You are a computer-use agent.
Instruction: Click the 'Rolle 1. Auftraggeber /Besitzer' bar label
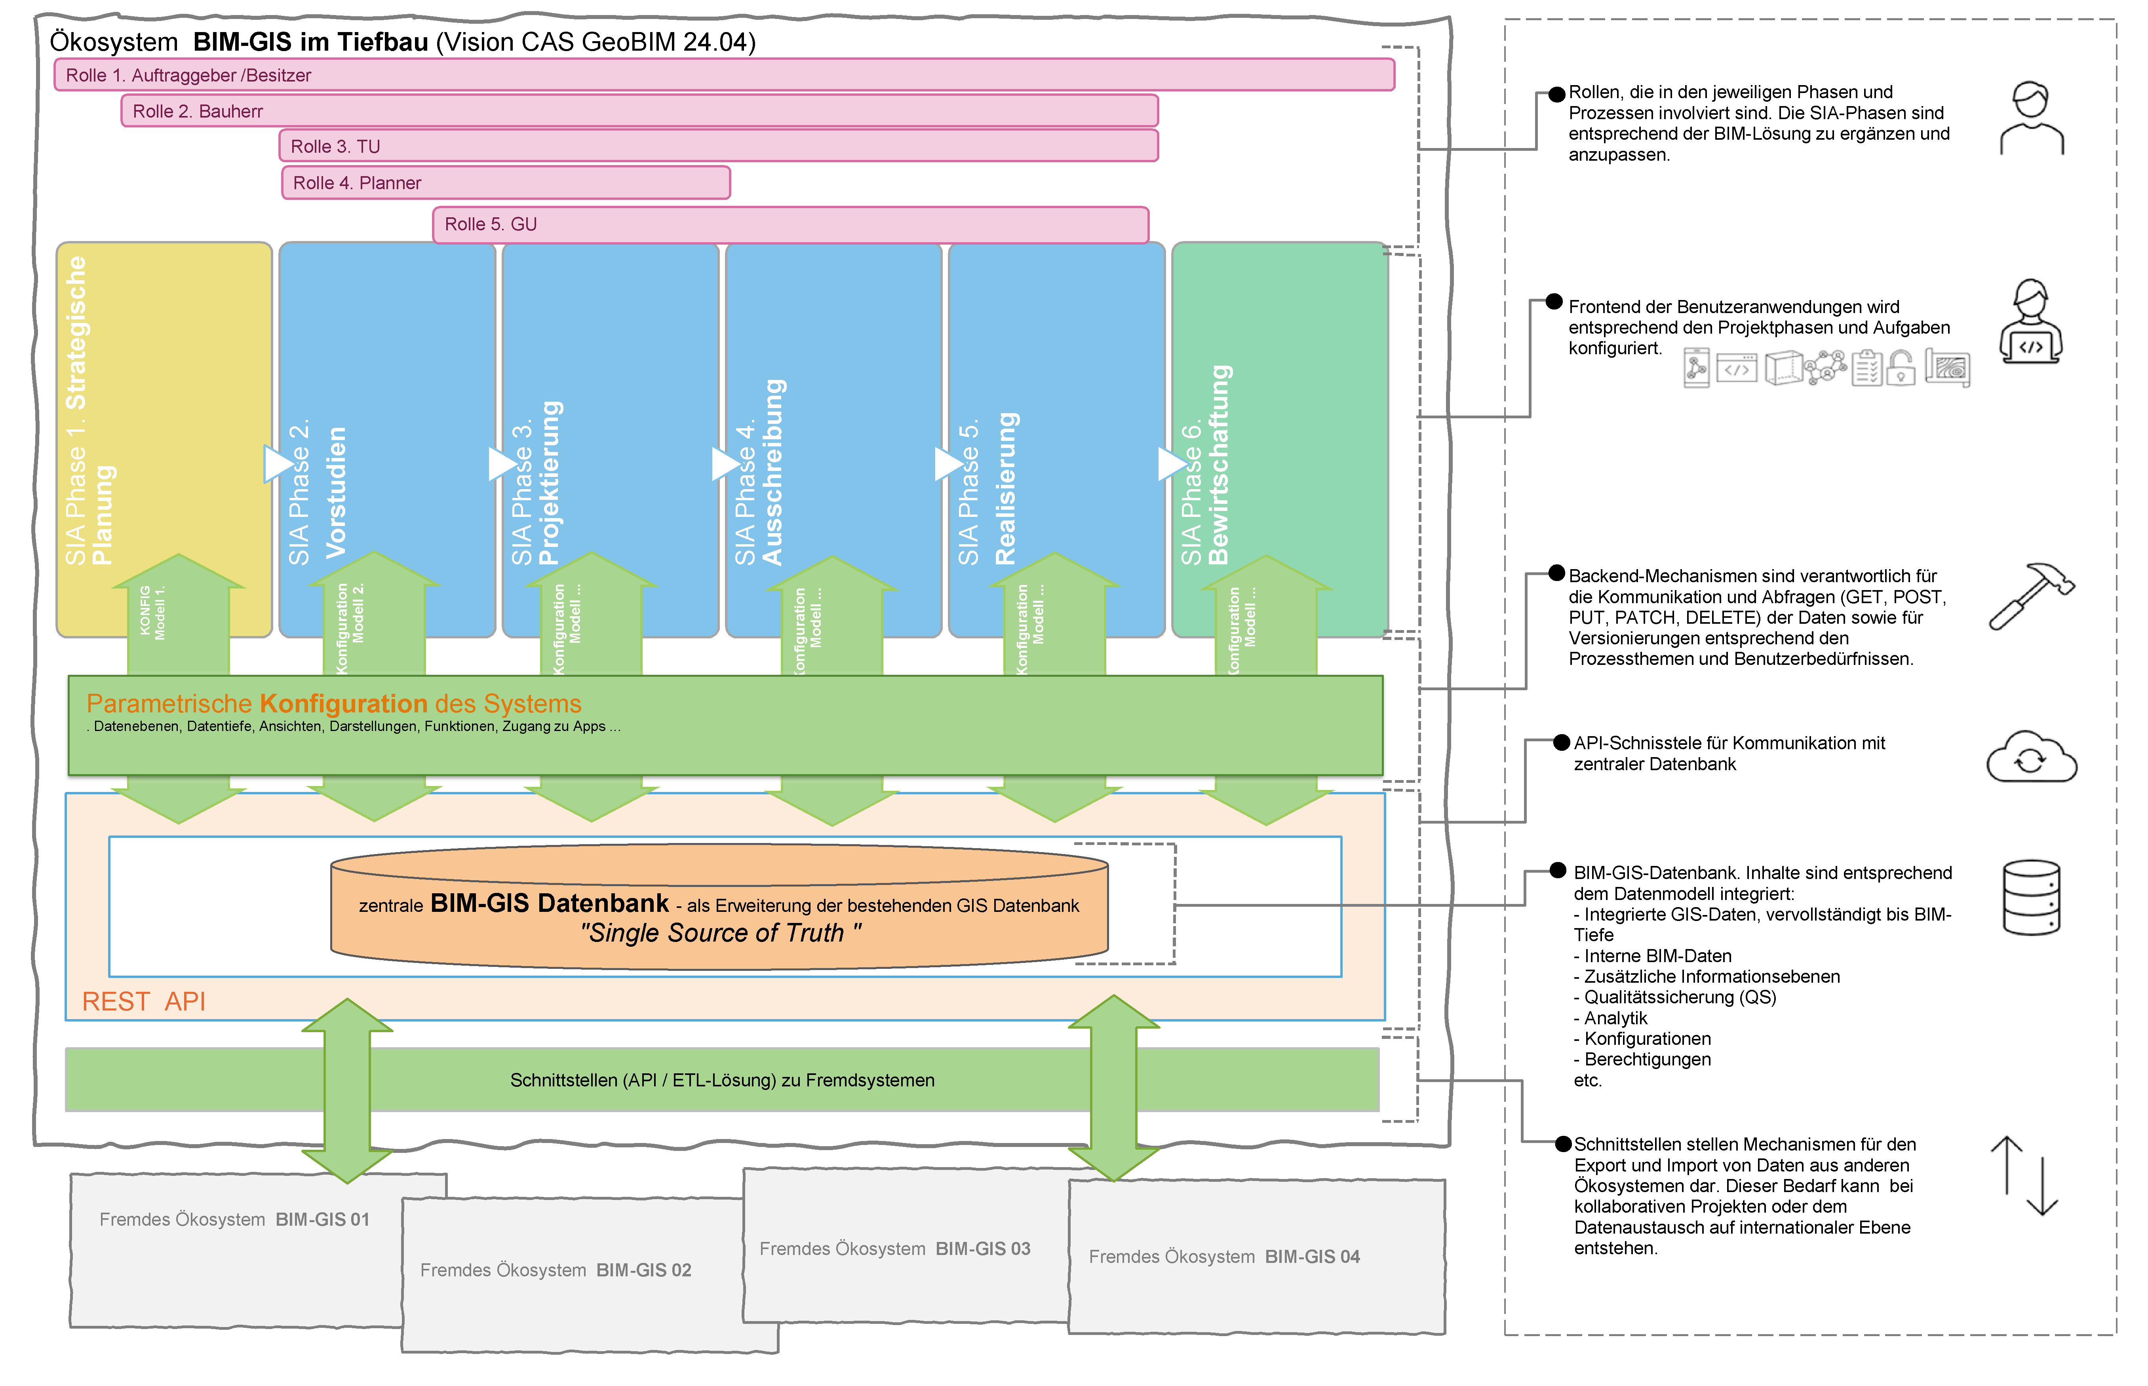click(x=188, y=76)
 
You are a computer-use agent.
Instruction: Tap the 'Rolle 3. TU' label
click(x=335, y=147)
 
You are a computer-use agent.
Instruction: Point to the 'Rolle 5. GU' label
click(x=491, y=224)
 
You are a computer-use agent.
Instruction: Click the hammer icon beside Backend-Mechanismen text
click(x=2030, y=596)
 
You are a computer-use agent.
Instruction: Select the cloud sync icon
click(x=2031, y=758)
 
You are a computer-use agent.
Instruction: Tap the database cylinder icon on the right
click(x=2031, y=898)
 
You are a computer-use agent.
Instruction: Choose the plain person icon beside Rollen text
click(x=2031, y=119)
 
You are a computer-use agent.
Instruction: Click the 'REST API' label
click(x=144, y=1002)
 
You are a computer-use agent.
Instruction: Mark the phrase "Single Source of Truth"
click(x=720, y=933)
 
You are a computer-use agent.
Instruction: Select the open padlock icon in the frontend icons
click(x=1901, y=367)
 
